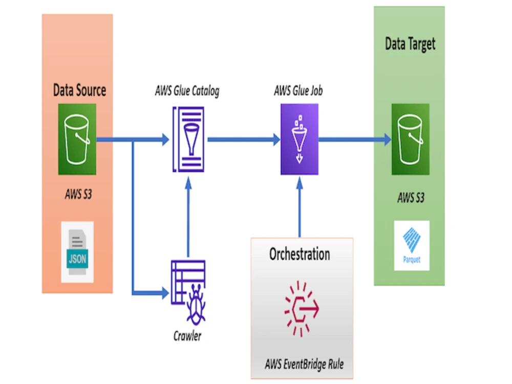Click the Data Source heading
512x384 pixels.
pyautogui.click(x=79, y=91)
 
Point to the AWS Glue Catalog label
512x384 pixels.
pyautogui.click(x=187, y=92)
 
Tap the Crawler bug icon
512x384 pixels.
pyautogui.click(x=188, y=292)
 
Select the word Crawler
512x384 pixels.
pyautogui.click(x=187, y=336)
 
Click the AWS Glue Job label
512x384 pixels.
pyautogui.click(x=298, y=92)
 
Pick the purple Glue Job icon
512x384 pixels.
pyautogui.click(x=299, y=139)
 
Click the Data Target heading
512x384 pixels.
pyautogui.click(x=410, y=44)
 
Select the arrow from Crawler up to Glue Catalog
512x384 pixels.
pyautogui.click(x=188, y=215)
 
